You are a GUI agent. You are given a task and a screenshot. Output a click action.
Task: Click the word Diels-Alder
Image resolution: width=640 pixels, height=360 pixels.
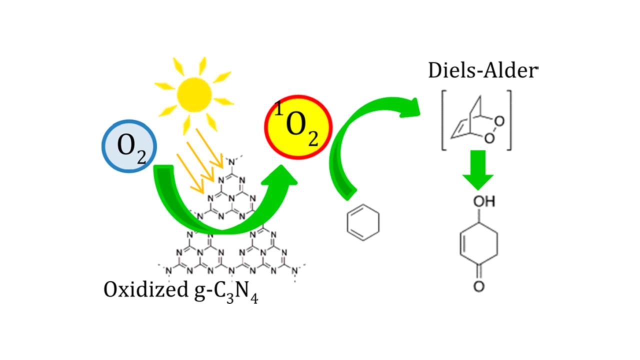(482, 71)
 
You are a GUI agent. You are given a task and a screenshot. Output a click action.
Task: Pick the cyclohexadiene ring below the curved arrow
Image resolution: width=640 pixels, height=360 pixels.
(362, 221)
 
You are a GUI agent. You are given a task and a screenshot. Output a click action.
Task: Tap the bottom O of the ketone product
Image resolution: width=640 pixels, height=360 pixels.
(478, 287)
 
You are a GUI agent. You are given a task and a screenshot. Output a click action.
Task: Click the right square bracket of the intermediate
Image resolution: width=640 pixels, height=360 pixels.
(509, 120)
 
